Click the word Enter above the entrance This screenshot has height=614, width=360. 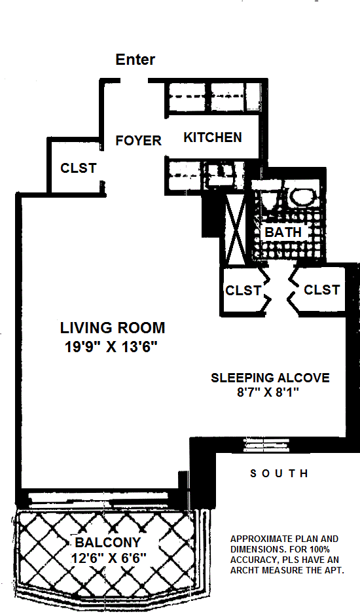pyautogui.click(x=135, y=60)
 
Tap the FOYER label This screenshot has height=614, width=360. pyautogui.click(x=138, y=141)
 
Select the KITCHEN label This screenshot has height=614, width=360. pyautogui.click(x=213, y=137)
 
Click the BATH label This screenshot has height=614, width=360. pyautogui.click(x=283, y=232)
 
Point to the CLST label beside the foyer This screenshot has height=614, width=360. pyautogui.click(x=79, y=168)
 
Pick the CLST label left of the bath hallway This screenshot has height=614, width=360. pyautogui.click(x=243, y=291)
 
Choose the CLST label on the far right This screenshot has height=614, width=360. pyautogui.click(x=321, y=290)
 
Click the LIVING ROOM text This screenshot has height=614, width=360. pyautogui.click(x=113, y=328)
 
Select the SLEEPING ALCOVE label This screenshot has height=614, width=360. pyautogui.click(x=270, y=378)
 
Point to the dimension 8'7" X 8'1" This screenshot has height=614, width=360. pyautogui.click(x=268, y=392)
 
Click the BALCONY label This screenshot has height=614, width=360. pyautogui.click(x=108, y=543)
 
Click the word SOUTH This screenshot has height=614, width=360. pyautogui.click(x=279, y=473)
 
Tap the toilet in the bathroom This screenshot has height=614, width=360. pyautogui.click(x=269, y=199)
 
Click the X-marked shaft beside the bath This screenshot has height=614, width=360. pyautogui.click(x=236, y=228)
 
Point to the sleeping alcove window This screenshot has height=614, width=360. pyautogui.click(x=266, y=445)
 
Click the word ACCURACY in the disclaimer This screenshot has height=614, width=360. pyautogui.click(x=251, y=560)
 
